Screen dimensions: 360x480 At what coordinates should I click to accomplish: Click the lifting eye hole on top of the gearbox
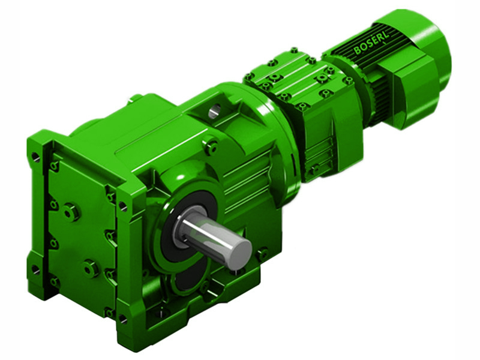[215, 109]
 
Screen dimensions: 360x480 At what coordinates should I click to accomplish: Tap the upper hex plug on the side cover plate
[71, 211]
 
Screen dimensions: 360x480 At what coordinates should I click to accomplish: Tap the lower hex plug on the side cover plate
[91, 267]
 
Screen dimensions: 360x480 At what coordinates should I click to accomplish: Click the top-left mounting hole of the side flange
[35, 157]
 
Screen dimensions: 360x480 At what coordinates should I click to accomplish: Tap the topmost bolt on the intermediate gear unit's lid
[294, 50]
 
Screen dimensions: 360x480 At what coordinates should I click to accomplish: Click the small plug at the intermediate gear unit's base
[313, 170]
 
